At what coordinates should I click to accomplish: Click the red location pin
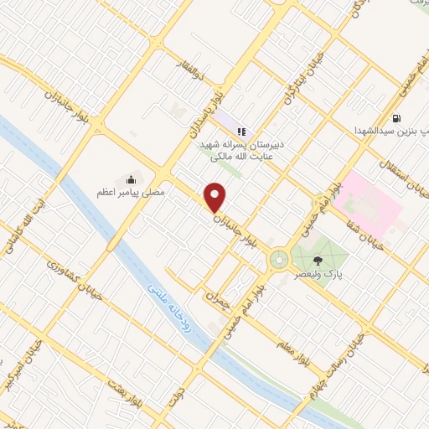(216, 197)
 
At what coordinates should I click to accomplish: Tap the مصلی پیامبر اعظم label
(131, 193)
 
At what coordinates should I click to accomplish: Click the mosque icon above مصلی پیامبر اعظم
(131, 179)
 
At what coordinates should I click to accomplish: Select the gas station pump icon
(395, 118)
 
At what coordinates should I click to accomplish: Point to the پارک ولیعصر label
(322, 274)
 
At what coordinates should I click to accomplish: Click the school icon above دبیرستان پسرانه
(241, 131)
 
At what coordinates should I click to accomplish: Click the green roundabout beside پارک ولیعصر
(278, 262)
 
